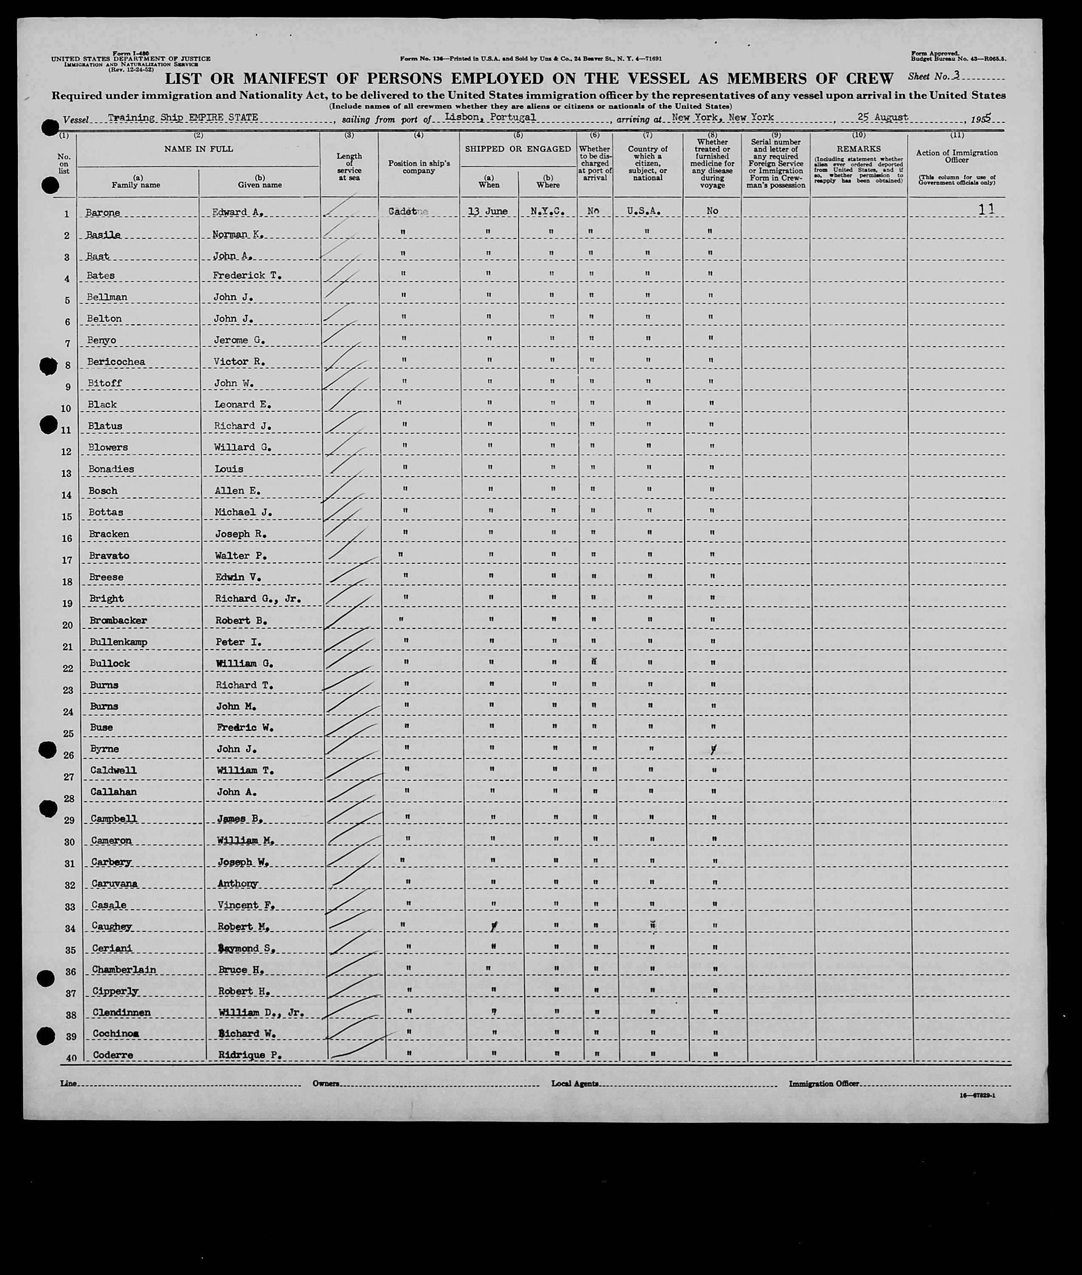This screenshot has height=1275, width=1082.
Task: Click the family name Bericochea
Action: coord(116,362)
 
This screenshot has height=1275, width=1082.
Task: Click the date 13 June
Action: coord(487,211)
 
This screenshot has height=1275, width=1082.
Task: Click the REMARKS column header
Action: coord(858,149)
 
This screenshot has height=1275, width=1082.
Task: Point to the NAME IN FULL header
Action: coord(198,149)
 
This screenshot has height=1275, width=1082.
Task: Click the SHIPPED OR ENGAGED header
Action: coord(518,149)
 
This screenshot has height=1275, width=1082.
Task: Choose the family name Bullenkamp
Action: coord(119,642)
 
